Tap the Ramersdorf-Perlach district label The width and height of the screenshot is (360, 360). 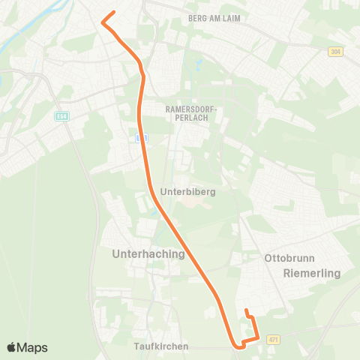click(x=190, y=114)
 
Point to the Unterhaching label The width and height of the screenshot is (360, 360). click(x=148, y=254)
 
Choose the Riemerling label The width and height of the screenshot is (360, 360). click(x=312, y=274)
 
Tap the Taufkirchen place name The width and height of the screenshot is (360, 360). click(x=161, y=346)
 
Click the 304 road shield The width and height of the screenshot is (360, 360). click(x=335, y=52)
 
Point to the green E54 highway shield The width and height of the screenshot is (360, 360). click(x=61, y=116)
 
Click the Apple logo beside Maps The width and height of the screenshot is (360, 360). click(x=13, y=347)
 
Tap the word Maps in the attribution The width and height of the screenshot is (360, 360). click(x=33, y=347)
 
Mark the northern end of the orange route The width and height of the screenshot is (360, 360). click(x=113, y=12)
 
